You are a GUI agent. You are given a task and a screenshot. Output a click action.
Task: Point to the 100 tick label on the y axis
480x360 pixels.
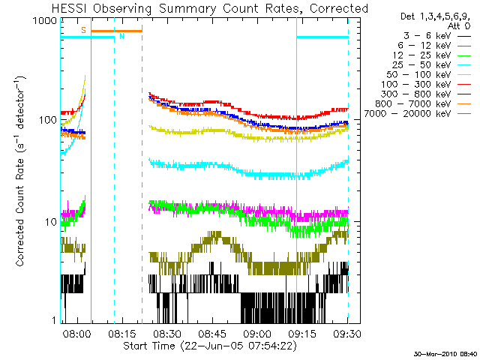[48, 121]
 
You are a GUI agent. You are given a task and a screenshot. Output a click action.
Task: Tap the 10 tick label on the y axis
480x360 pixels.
[51, 222]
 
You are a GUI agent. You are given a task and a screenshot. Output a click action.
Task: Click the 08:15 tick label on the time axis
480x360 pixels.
[121, 333]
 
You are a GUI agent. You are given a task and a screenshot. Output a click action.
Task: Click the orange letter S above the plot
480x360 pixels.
[83, 30]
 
